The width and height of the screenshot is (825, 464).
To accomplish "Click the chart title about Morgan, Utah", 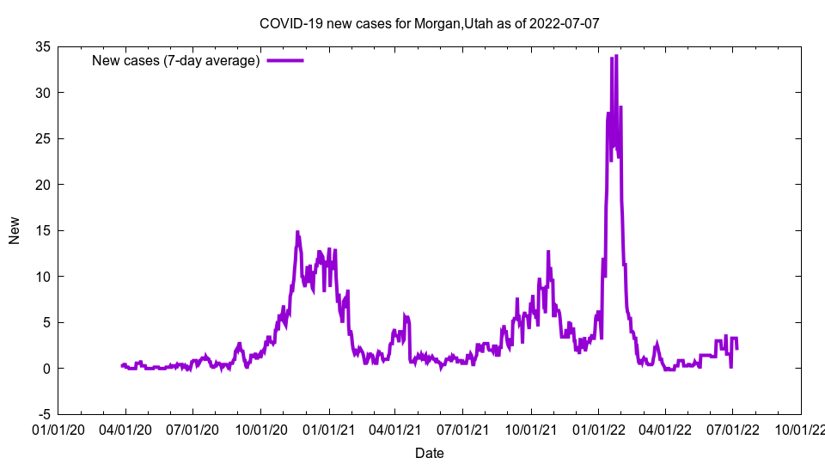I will [x=429, y=23].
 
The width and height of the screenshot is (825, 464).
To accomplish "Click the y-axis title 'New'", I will [x=15, y=230].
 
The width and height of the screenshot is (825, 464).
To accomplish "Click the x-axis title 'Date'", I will [x=429, y=453].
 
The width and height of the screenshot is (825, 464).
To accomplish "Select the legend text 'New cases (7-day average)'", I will [x=176, y=61].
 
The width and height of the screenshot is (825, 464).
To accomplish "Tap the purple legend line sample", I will [x=285, y=61].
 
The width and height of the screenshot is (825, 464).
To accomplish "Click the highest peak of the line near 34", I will [x=616, y=56].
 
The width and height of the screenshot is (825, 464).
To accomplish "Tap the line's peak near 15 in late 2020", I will [x=297, y=232].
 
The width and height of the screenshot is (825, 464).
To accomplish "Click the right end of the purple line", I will [x=736, y=348].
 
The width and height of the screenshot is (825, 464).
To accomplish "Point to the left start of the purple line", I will [x=122, y=366].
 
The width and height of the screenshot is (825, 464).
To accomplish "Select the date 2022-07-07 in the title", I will [x=565, y=23].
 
